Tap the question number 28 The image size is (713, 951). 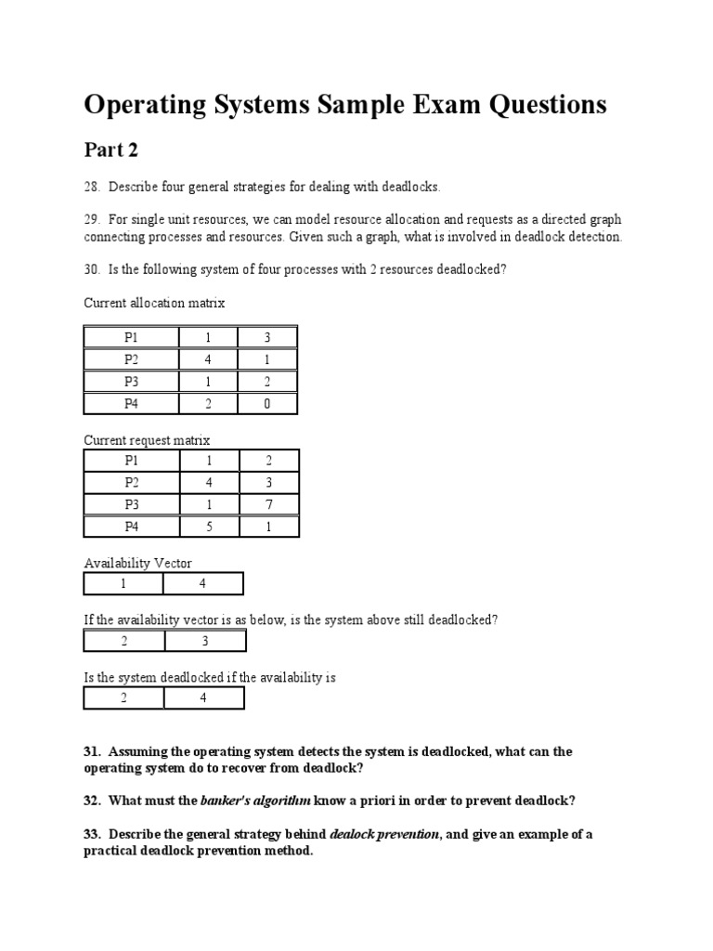pyautogui.click(x=91, y=188)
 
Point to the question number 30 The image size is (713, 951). pyautogui.click(x=91, y=269)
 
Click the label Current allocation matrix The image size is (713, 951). pyautogui.click(x=154, y=303)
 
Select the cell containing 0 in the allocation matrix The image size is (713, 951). pyautogui.click(x=266, y=404)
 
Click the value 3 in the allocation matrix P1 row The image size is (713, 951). pyautogui.click(x=266, y=338)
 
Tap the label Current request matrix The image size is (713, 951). pyautogui.click(x=147, y=440)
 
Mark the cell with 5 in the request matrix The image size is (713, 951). pyautogui.click(x=208, y=527)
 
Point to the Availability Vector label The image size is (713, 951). pyautogui.click(x=137, y=563)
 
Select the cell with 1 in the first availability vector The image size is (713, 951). pyautogui.click(x=123, y=584)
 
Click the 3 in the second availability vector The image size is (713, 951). pyautogui.click(x=205, y=642)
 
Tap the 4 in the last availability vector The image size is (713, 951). pyautogui.click(x=203, y=698)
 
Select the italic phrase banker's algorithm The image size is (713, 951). pyautogui.click(x=255, y=800)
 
